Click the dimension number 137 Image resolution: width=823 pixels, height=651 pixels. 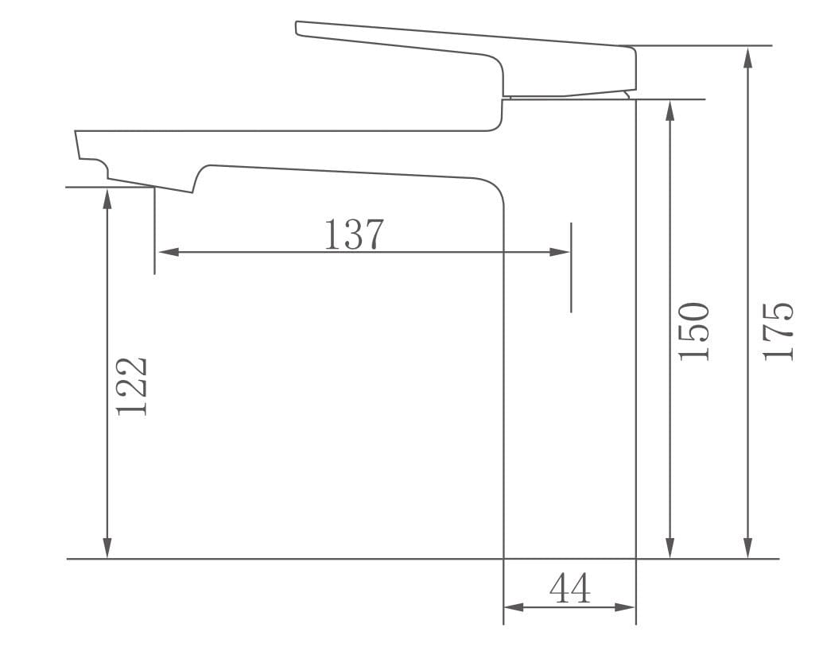coord(354,234)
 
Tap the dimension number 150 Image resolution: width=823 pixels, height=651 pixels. coord(693,331)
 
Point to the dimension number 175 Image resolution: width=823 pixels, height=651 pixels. coord(778,331)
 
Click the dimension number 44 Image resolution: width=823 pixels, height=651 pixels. coord(569,589)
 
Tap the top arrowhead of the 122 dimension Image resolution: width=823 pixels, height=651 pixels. coord(107,197)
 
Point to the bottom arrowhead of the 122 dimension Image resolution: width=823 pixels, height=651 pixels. coord(107,548)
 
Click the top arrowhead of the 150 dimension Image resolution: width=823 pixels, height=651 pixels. coord(670,110)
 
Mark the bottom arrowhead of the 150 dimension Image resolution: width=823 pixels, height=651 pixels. coord(670,548)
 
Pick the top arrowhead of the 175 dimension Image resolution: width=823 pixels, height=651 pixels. coord(748,56)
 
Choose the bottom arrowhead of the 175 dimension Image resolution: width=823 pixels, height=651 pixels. coord(748,548)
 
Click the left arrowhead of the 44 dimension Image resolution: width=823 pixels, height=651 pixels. coord(514,608)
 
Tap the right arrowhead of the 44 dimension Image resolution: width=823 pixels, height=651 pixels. coord(626,608)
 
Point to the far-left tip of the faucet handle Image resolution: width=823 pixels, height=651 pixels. coord(297,28)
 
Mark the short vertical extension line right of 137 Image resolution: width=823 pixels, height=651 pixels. coord(571,268)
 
